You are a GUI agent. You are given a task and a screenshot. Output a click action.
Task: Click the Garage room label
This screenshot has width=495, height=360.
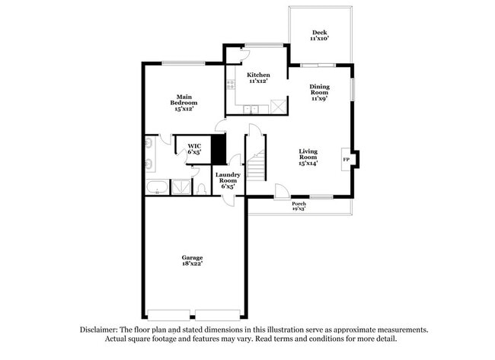pyautogui.click(x=192, y=256)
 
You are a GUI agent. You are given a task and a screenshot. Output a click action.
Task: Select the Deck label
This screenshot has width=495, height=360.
pyautogui.click(x=320, y=33)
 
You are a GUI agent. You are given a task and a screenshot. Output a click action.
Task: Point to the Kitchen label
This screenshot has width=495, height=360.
pyautogui.click(x=258, y=75)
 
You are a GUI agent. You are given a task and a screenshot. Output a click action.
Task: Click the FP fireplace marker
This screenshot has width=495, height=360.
pyautogui.click(x=346, y=159)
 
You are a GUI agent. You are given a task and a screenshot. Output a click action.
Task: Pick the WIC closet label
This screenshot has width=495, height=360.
pyautogui.click(x=194, y=145)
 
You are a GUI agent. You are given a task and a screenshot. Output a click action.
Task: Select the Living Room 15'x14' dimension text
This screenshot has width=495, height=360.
pyautogui.click(x=308, y=163)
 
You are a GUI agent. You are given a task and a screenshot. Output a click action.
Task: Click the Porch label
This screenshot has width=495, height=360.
pyautogui.click(x=299, y=203)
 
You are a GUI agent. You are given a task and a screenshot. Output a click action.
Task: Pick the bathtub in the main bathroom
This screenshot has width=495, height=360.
pyautogui.click(x=157, y=187)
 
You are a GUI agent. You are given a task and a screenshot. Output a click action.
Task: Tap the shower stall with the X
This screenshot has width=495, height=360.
pyautogui.click(x=181, y=187)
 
